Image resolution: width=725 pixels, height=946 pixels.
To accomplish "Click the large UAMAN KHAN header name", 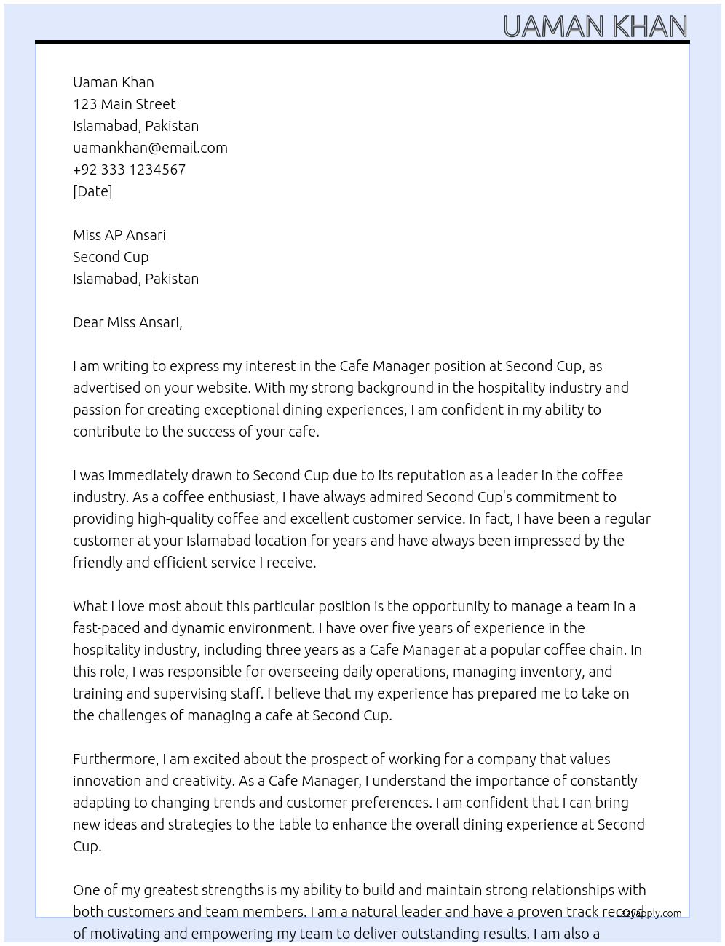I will coord(595,27).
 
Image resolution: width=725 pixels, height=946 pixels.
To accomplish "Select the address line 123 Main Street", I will coord(124,104).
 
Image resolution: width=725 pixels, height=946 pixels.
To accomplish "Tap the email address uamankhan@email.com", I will coord(150,148).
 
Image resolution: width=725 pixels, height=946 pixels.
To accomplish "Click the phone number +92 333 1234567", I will coord(129,170).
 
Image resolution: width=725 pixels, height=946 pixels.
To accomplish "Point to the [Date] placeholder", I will coord(92,191).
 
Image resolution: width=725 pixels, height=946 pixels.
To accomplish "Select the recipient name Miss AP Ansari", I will coord(119,235).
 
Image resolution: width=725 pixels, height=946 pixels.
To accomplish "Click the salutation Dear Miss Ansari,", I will coord(127,322).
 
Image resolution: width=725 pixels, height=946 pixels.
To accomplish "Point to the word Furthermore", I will coord(115,759).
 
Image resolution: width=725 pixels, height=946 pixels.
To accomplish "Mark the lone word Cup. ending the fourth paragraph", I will coord(87,846).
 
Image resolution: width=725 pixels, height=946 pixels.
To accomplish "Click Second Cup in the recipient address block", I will coord(111,257).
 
